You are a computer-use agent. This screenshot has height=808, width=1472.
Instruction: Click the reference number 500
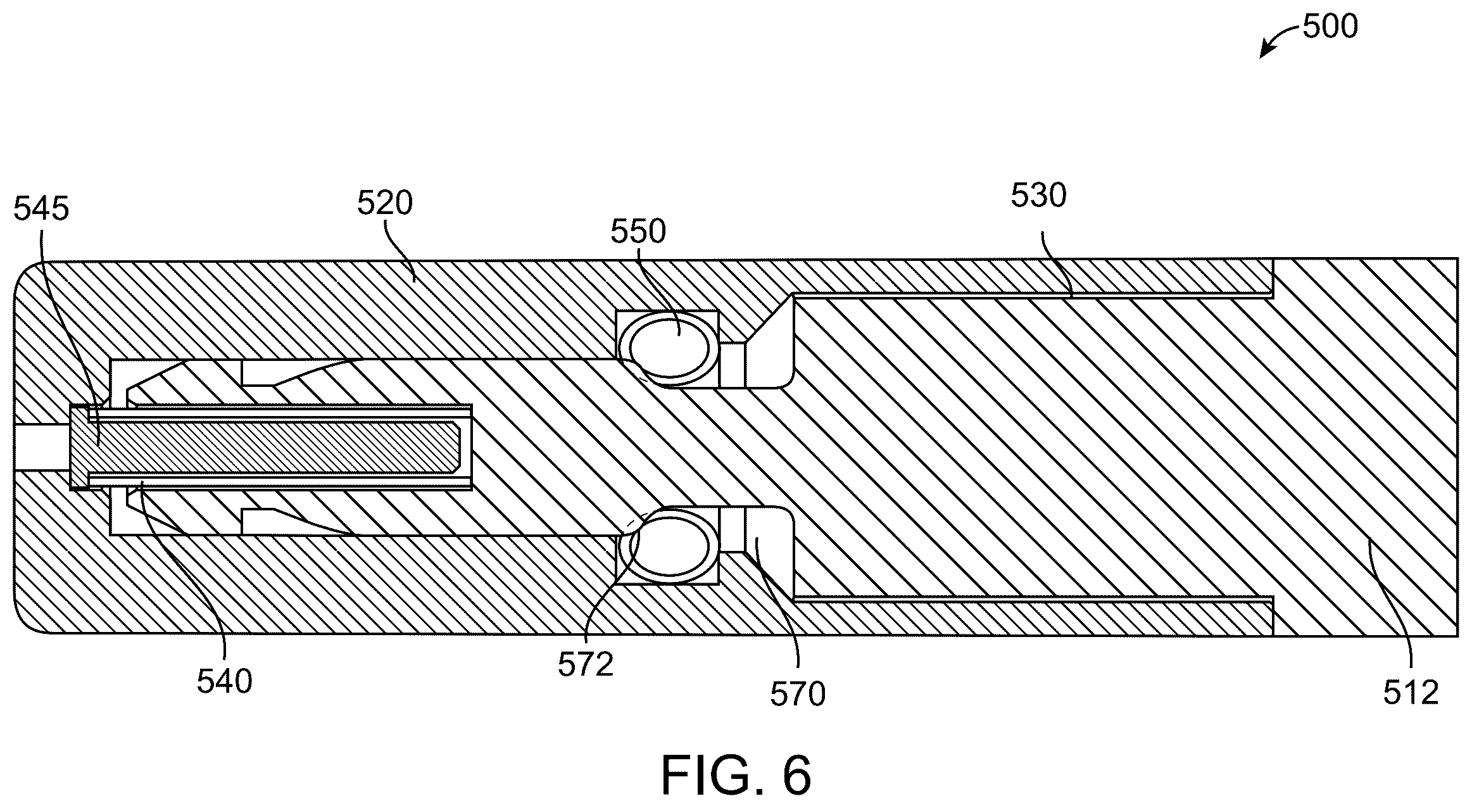click(x=1330, y=28)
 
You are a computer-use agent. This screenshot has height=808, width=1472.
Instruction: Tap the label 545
click(x=41, y=208)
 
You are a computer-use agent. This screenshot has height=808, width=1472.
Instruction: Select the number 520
click(x=385, y=203)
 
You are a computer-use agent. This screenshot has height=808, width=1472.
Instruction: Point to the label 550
click(x=638, y=232)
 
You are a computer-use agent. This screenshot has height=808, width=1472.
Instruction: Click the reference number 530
click(x=1039, y=196)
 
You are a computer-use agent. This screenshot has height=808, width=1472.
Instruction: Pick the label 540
click(x=225, y=681)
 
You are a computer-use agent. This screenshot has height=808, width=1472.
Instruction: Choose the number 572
click(x=586, y=664)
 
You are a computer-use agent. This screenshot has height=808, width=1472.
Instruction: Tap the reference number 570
click(x=798, y=694)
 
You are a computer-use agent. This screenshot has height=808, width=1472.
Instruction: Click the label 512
click(x=1411, y=693)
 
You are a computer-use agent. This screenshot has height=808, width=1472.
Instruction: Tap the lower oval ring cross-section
click(x=670, y=543)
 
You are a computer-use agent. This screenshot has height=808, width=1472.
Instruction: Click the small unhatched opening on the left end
click(x=42, y=447)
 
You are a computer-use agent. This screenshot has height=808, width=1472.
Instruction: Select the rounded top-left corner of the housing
click(x=28, y=279)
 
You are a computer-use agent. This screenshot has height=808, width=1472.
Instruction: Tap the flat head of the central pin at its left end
click(x=80, y=447)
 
